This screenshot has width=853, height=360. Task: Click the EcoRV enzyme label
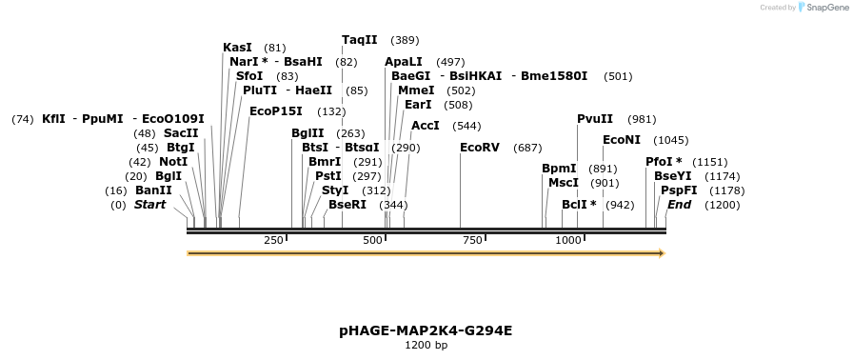coord(479,148)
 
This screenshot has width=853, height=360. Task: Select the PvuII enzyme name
coord(595,119)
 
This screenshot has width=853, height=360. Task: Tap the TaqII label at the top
coord(360,40)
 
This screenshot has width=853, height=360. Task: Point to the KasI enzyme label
coord(237,48)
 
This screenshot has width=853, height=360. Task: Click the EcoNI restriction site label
coord(621,140)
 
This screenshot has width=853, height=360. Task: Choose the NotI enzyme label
coord(173,162)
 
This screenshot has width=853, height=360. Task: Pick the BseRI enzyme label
coord(347,205)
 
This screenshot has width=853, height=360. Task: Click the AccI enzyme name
coord(425,126)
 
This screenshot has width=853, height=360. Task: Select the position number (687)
coord(527,148)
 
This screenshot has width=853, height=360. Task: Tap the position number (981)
coord(643,119)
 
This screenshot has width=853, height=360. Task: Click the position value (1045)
coord(670,140)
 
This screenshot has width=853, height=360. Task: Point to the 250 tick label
coord(273,240)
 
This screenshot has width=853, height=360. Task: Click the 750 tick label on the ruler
coord(472,240)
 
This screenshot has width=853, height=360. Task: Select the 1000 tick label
coord(568,240)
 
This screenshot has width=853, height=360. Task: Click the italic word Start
coord(149,205)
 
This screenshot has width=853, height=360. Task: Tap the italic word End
coord(679,205)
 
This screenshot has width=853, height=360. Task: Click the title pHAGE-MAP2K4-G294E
coord(426,330)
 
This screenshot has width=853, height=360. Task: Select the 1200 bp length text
coord(426,345)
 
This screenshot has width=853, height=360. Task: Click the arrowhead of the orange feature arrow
coord(661,253)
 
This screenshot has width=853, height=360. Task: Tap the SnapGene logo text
coord(824,8)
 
